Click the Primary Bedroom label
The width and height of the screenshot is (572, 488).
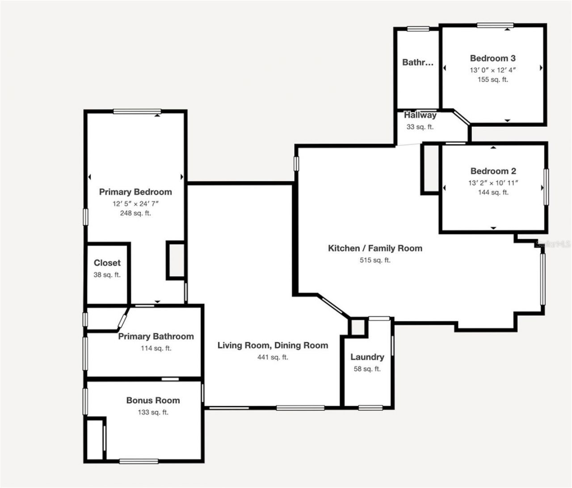point(135,192)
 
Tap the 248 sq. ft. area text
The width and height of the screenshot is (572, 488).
point(135,213)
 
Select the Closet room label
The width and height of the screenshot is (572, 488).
point(107,263)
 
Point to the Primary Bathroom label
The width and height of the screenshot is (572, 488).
point(156,337)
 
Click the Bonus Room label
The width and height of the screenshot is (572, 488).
point(153,400)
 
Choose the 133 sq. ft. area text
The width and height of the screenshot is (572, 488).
point(153,412)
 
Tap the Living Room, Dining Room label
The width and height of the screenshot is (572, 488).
point(273,345)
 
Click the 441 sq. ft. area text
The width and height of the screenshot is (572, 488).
point(273,357)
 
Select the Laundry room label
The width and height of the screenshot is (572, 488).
point(367,357)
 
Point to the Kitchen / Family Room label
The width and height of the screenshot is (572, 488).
point(375,248)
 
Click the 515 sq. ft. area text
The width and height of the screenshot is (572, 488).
point(375,260)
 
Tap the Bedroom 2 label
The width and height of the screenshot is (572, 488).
point(493,171)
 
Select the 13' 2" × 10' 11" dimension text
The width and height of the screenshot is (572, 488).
point(493,182)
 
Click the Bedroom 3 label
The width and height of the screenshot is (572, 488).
point(492,58)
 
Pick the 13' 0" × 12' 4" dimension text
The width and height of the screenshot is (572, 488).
point(492,70)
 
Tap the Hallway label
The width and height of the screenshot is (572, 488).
point(420,115)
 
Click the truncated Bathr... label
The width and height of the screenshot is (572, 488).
point(418,63)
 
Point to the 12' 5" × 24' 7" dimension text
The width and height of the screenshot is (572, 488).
point(135,203)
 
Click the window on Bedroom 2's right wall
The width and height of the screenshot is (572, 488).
point(546,187)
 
